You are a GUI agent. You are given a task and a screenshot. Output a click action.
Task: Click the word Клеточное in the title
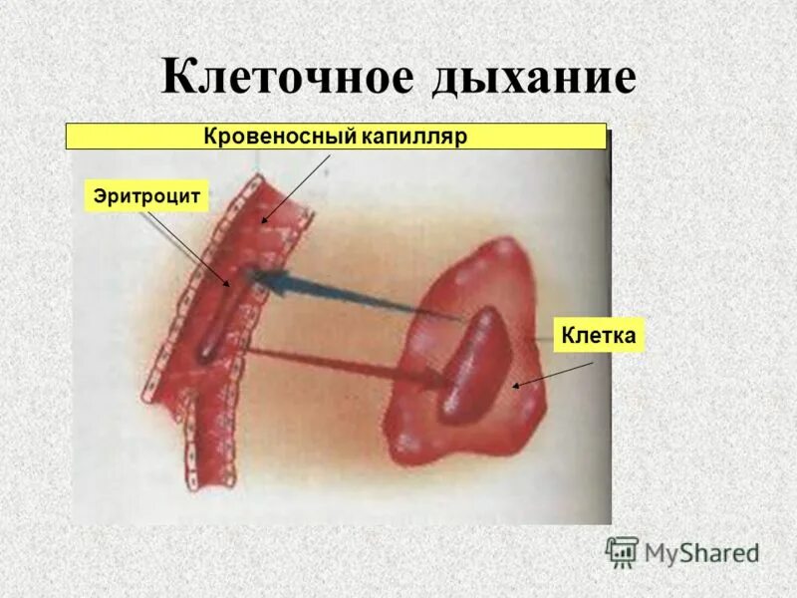[288, 77]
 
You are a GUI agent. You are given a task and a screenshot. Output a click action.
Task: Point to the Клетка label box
[598, 335]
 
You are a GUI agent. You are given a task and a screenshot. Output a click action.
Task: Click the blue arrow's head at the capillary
[261, 278]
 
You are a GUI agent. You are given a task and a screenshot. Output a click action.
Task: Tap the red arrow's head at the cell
[441, 378]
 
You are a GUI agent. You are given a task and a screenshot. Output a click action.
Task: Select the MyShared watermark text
[701, 551]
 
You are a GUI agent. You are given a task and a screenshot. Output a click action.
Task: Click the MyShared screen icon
[622, 551]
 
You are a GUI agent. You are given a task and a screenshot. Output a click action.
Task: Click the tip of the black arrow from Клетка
[513, 386]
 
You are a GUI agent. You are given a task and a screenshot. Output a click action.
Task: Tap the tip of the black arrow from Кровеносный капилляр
[261, 221]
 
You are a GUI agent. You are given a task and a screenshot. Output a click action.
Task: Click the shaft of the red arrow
[339, 361]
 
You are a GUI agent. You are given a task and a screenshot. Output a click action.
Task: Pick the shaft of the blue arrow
[369, 299]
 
